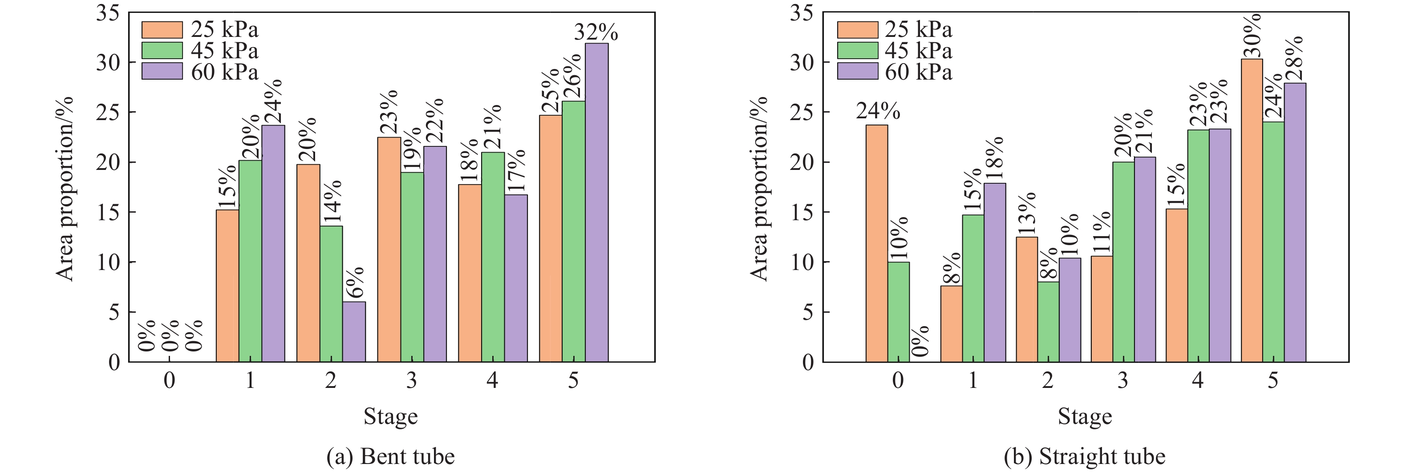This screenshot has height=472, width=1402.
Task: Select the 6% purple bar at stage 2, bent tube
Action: click(x=354, y=332)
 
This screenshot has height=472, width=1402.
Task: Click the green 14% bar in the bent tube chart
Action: click(x=331, y=294)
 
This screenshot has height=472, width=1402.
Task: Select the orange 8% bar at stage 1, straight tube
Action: click(x=952, y=323)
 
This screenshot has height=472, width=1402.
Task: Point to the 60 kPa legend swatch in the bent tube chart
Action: click(x=162, y=71)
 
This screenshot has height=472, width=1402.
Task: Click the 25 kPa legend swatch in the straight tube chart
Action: click(x=857, y=29)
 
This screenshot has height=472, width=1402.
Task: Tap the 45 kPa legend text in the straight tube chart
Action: click(x=918, y=51)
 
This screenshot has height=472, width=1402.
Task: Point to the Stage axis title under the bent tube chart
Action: click(x=390, y=416)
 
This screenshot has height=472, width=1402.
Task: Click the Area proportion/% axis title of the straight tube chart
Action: click(x=759, y=188)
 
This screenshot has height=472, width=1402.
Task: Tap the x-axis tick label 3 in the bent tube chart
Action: click(x=411, y=380)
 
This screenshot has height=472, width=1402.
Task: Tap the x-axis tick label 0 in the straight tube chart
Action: click(x=898, y=380)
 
